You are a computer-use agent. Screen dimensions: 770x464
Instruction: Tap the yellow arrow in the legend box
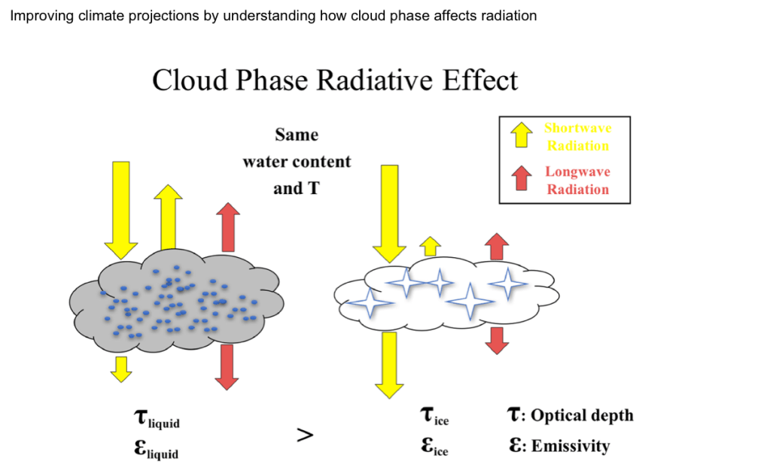point(521,135)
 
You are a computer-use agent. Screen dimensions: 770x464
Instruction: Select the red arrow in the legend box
point(521,178)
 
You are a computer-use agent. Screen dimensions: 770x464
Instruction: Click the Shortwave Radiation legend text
point(578,137)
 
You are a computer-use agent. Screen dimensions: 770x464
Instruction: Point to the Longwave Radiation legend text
point(578,180)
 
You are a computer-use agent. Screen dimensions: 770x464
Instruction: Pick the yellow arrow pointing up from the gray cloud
point(168,217)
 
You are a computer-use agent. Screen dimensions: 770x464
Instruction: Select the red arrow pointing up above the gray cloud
point(228,227)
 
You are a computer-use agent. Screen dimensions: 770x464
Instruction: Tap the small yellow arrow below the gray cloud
point(120,369)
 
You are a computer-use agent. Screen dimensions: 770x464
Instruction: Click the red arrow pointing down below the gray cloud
point(227,367)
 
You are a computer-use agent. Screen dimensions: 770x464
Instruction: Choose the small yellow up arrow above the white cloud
point(431,246)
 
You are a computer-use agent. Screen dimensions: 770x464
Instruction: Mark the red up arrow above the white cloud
point(497,246)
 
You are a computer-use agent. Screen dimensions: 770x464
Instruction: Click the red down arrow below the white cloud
point(497,341)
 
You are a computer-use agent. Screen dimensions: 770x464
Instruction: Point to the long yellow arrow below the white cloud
point(389,365)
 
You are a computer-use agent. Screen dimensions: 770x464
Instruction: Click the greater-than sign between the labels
point(305,435)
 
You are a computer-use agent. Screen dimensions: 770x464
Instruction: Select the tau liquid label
point(157,418)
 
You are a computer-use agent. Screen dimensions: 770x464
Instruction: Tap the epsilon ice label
point(434,446)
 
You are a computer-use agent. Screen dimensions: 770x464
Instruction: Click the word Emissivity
point(571,446)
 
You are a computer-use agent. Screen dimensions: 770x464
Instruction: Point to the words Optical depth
point(583,415)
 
